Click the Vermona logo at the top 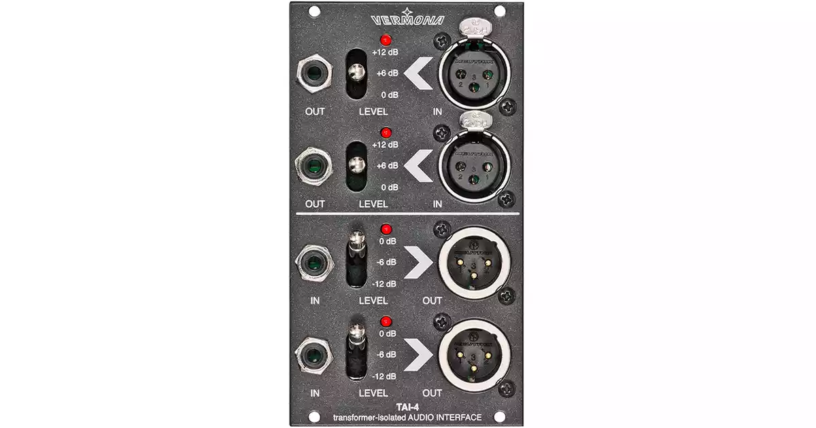[x=408, y=19]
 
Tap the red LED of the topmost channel [x=385, y=39]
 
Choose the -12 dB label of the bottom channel [x=386, y=376]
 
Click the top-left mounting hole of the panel [x=314, y=12]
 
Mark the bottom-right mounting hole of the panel [x=500, y=416]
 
